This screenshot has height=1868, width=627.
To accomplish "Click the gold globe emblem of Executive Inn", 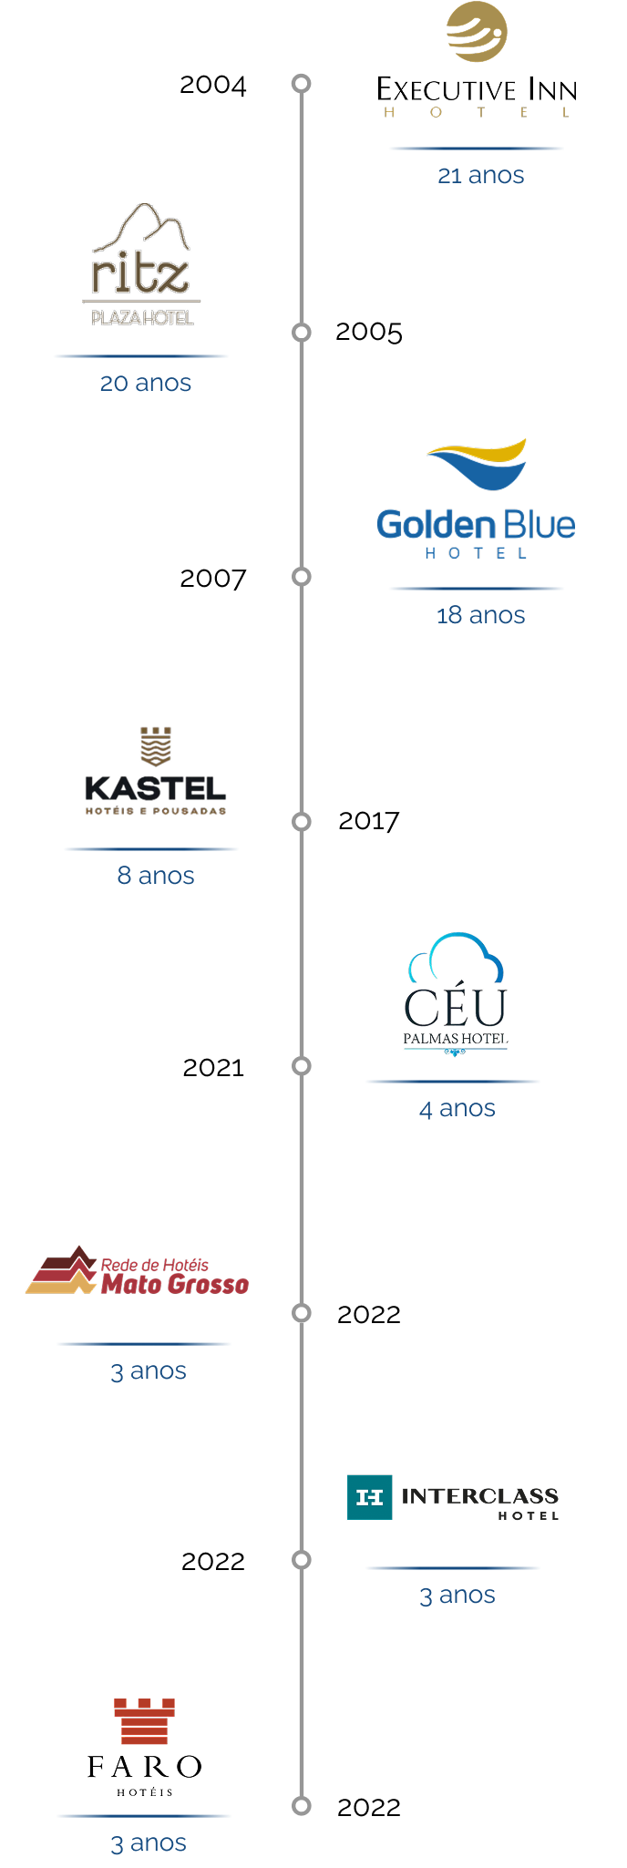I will [x=476, y=32].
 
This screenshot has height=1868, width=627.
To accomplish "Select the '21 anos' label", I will [x=480, y=175].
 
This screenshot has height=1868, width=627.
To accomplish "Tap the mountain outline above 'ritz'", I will [x=142, y=229].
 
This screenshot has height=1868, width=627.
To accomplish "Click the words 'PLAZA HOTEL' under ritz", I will [x=142, y=318].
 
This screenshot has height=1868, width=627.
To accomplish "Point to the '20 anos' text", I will [x=145, y=383].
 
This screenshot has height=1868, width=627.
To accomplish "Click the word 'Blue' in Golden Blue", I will [x=540, y=526].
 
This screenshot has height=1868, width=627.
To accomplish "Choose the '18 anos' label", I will [x=480, y=615].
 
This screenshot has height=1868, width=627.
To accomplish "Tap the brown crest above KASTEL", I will [x=155, y=746].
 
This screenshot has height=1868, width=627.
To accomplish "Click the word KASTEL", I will [x=155, y=789].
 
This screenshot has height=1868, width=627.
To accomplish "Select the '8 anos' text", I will [x=155, y=876].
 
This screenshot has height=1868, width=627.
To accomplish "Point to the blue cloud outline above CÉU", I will [x=457, y=958].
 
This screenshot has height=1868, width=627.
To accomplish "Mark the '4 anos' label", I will [x=457, y=1109].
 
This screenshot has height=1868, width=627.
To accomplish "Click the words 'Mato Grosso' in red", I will [x=175, y=1285].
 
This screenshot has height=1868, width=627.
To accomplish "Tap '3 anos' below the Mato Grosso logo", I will [x=148, y=1371].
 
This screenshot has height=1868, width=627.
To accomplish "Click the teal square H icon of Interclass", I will [x=370, y=1497].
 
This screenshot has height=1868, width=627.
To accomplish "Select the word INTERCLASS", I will [x=479, y=1495].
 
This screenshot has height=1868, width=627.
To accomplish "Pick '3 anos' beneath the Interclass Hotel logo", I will [x=457, y=1596].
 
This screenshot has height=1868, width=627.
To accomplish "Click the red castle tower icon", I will [x=144, y=1721].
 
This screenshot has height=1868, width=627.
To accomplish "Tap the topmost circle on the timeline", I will [x=301, y=84].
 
